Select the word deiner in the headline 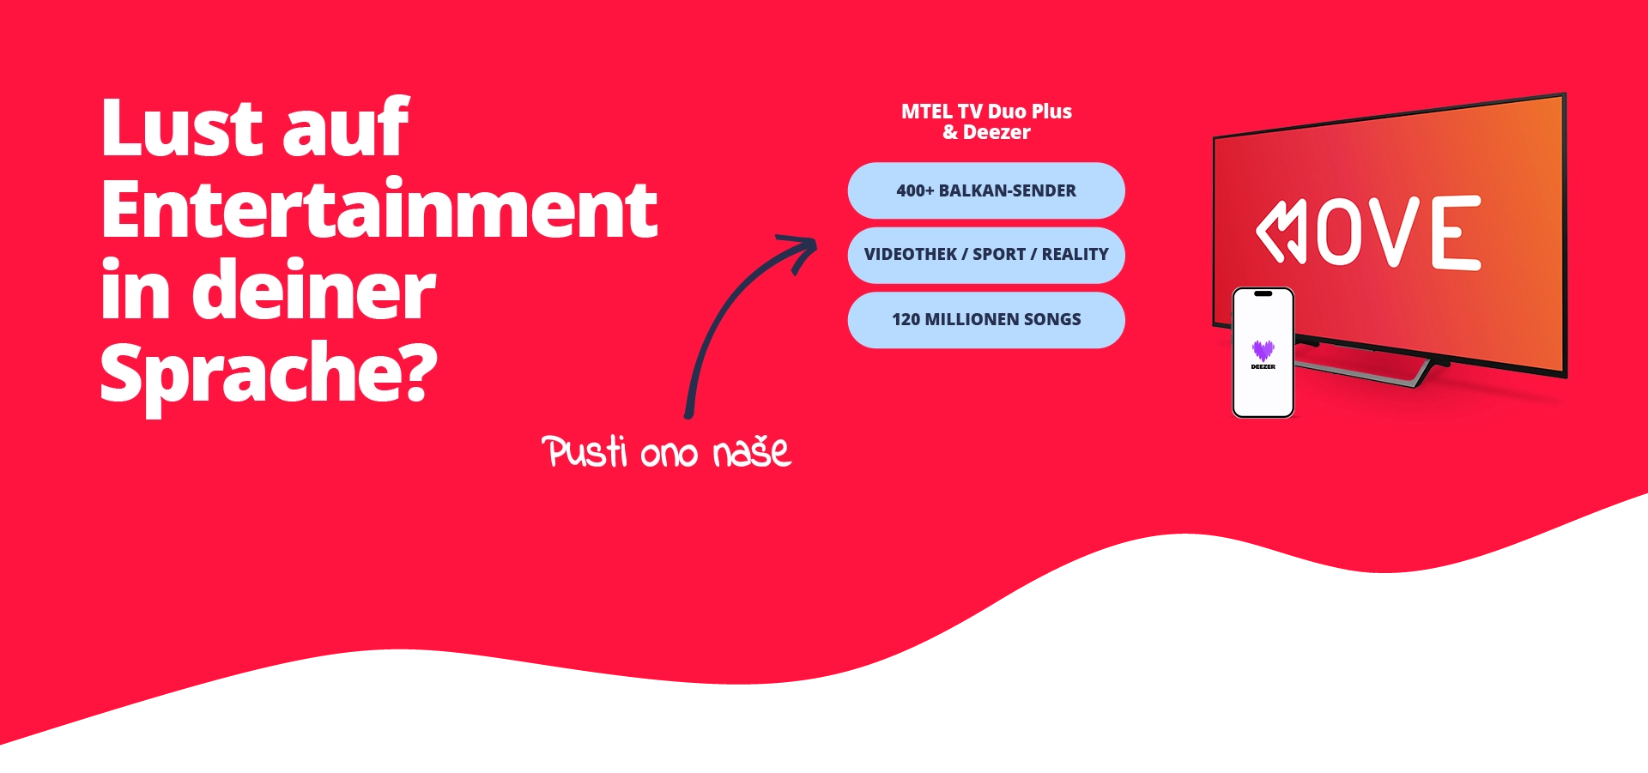pyautogui.click(x=313, y=290)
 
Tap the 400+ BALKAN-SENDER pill pyautogui.click(x=986, y=190)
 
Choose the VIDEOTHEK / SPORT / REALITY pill pyautogui.click(x=986, y=255)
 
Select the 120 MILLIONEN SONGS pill pyautogui.click(x=986, y=320)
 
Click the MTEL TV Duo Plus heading pyautogui.click(x=986, y=112)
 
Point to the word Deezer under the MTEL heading pyautogui.click(x=997, y=132)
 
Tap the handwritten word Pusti pyautogui.click(x=585, y=451)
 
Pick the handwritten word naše pyautogui.click(x=752, y=450)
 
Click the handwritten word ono pyautogui.click(x=669, y=455)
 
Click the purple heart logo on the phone pyautogui.click(x=1263, y=350)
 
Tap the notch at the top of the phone pyautogui.click(x=1263, y=293)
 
